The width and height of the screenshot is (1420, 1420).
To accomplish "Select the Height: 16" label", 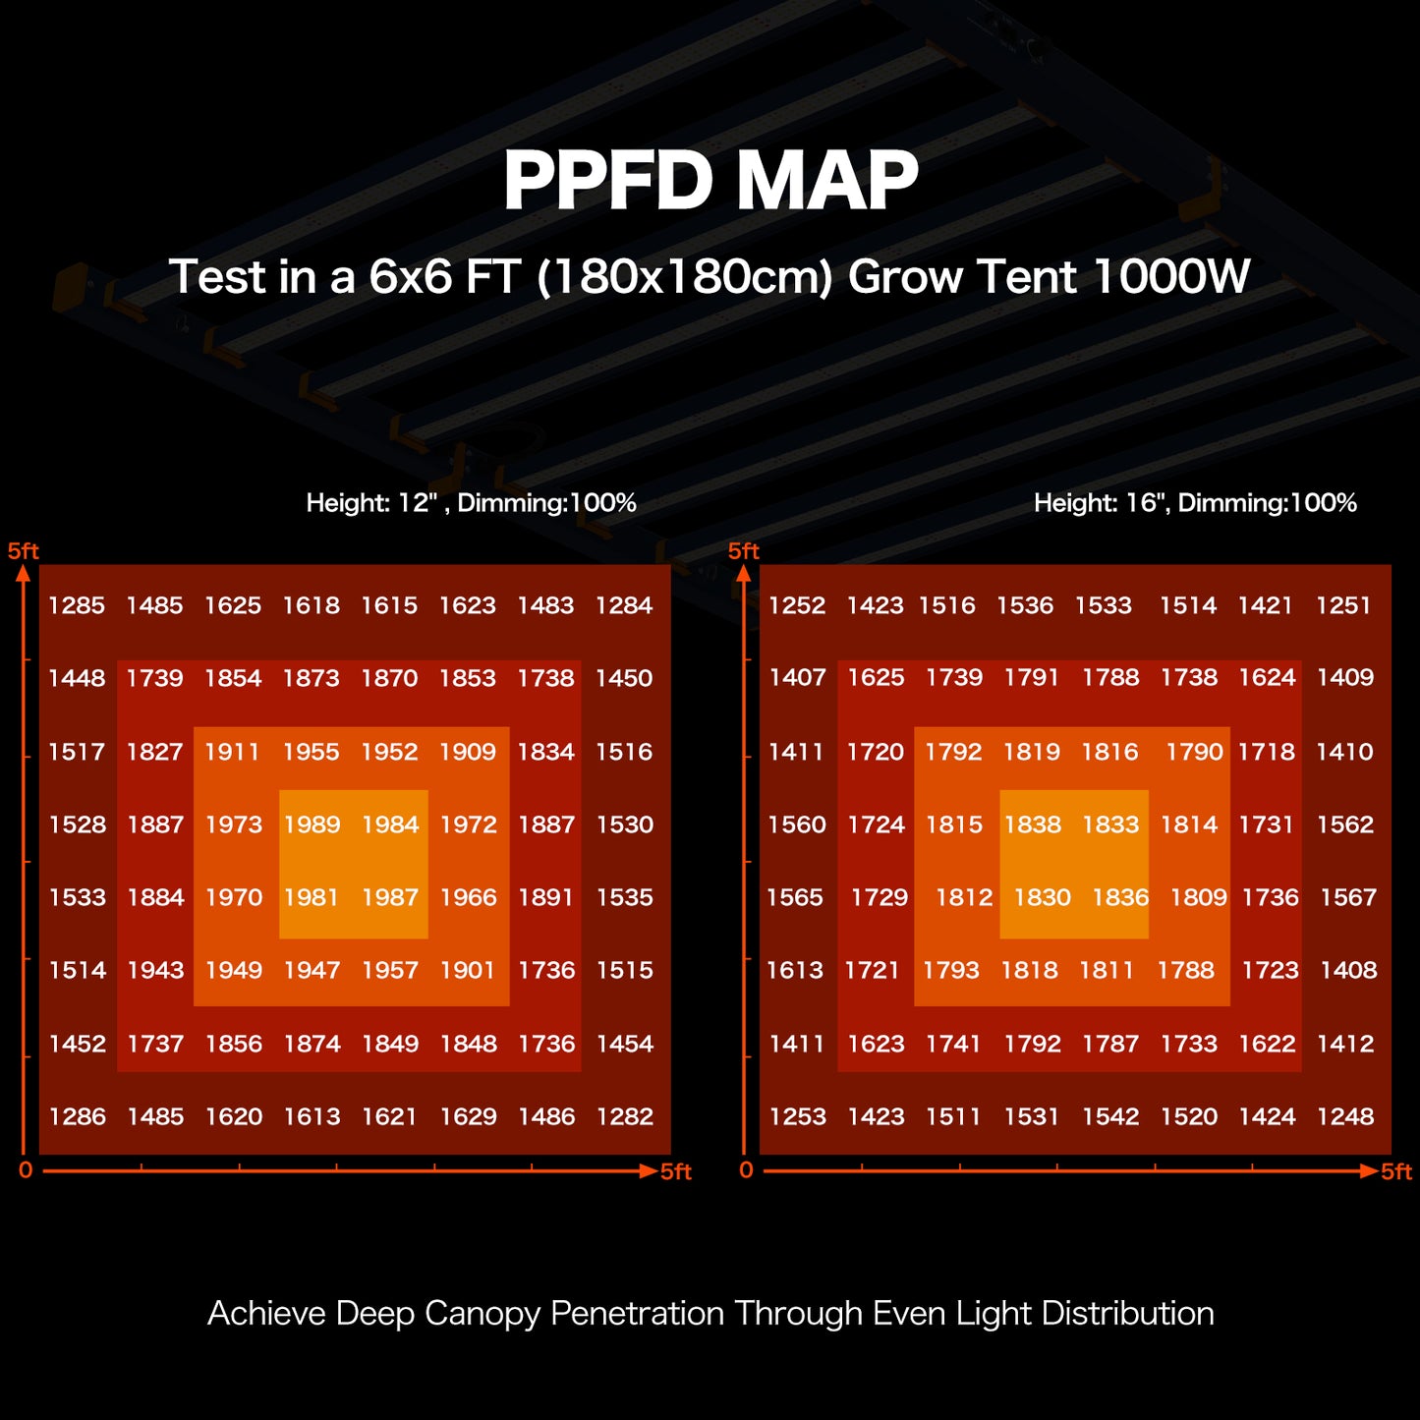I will tap(1099, 503).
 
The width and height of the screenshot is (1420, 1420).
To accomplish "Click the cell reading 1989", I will tap(312, 824).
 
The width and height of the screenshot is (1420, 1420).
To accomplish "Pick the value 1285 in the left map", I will tap(77, 605).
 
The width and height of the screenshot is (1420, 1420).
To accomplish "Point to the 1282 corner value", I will tap(624, 1116).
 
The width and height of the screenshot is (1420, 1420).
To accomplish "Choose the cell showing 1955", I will tap(312, 752).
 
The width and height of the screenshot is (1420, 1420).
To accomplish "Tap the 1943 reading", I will tap(155, 970).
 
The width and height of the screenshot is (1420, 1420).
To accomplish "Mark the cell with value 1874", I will tap(312, 1044).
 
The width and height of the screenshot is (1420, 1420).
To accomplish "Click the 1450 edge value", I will tap(624, 678).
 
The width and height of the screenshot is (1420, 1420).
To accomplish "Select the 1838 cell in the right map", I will tap(1032, 824).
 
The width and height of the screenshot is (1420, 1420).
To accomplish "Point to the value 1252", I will tap(797, 605).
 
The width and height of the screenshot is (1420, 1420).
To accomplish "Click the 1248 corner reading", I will tap(1345, 1116).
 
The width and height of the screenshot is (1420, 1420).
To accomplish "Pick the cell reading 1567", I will tap(1348, 897).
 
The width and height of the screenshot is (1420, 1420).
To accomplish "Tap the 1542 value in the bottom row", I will tap(1110, 1116).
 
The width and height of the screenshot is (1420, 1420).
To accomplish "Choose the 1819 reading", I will tap(1032, 752).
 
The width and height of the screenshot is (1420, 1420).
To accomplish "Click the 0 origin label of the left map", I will tap(26, 1170).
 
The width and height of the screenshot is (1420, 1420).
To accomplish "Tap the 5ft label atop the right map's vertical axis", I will tap(744, 551).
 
